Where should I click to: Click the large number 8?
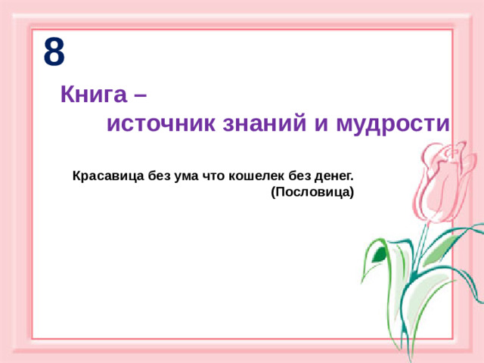54,52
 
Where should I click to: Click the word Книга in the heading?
92,95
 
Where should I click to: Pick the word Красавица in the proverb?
105,176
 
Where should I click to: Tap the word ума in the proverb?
185,176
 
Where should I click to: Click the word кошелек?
255,176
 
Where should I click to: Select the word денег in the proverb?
334,176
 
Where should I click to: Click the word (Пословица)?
312,192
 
